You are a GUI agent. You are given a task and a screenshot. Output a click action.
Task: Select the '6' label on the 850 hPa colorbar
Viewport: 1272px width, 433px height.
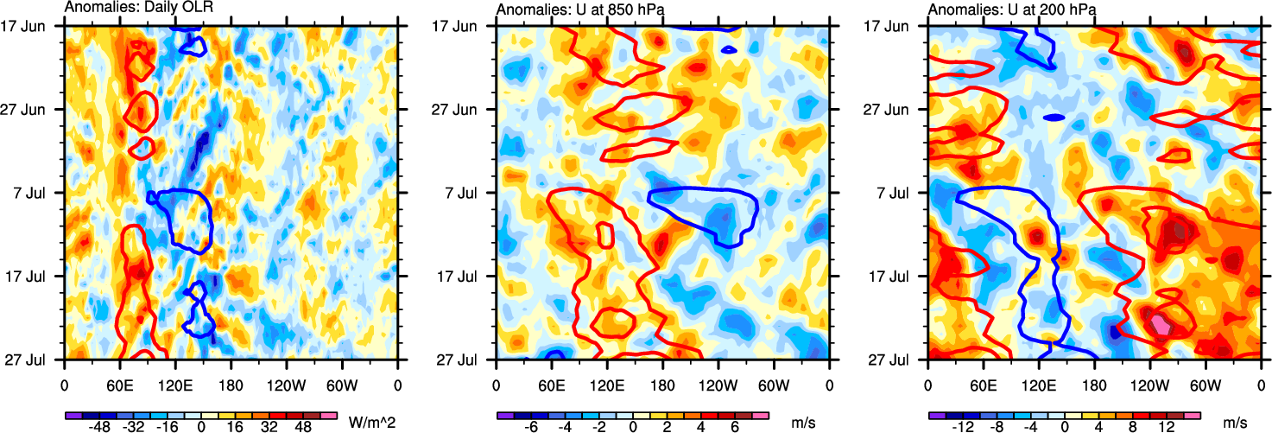pos(731,427)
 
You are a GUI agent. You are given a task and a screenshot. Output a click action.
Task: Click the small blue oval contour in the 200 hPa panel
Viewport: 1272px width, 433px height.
pos(1054,117)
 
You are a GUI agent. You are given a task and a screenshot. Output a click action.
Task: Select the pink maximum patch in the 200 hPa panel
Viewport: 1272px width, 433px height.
pos(1162,325)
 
